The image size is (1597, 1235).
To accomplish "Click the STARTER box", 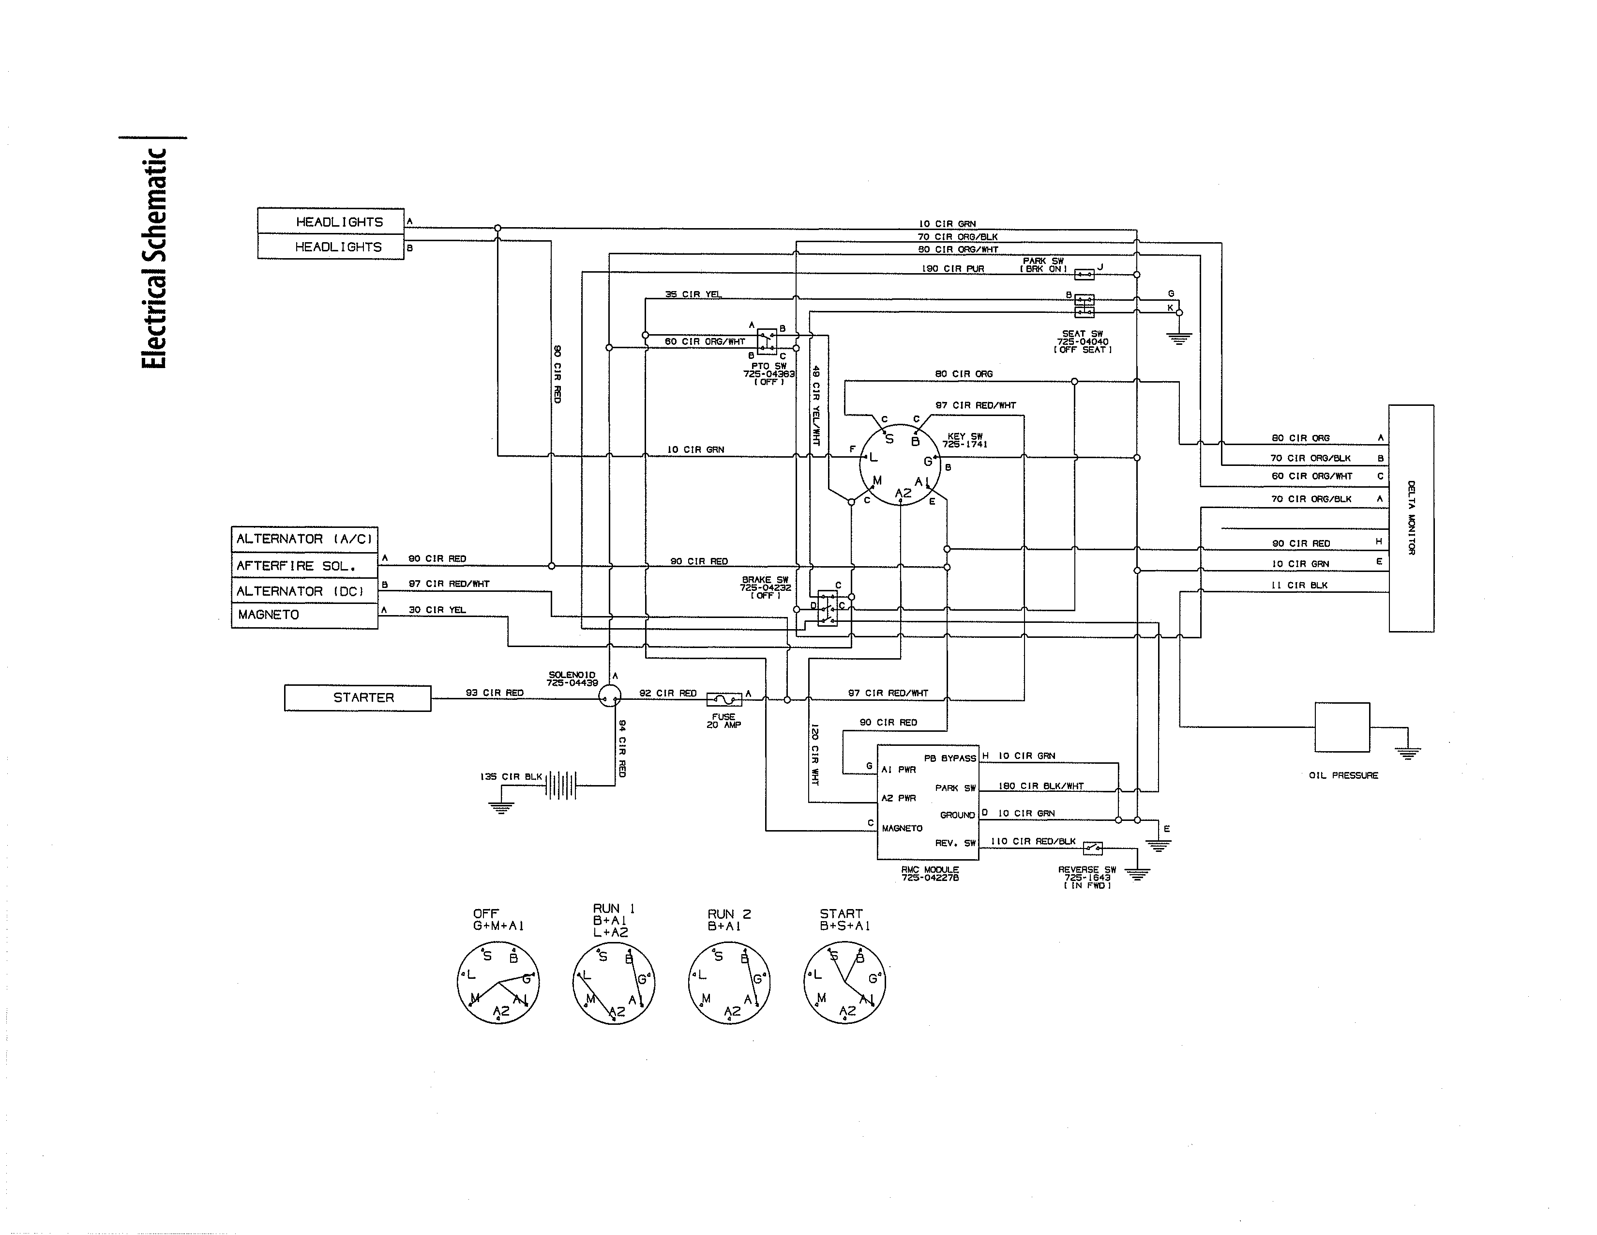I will (x=358, y=698).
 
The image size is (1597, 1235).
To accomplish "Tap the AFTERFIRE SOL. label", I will (x=296, y=566).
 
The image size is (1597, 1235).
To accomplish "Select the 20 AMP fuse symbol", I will (x=724, y=699).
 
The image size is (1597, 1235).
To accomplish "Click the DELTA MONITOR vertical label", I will (x=1411, y=518).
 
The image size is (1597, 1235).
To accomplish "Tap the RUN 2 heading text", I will (x=729, y=914).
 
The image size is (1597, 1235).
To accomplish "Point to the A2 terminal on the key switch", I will (x=903, y=493).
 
